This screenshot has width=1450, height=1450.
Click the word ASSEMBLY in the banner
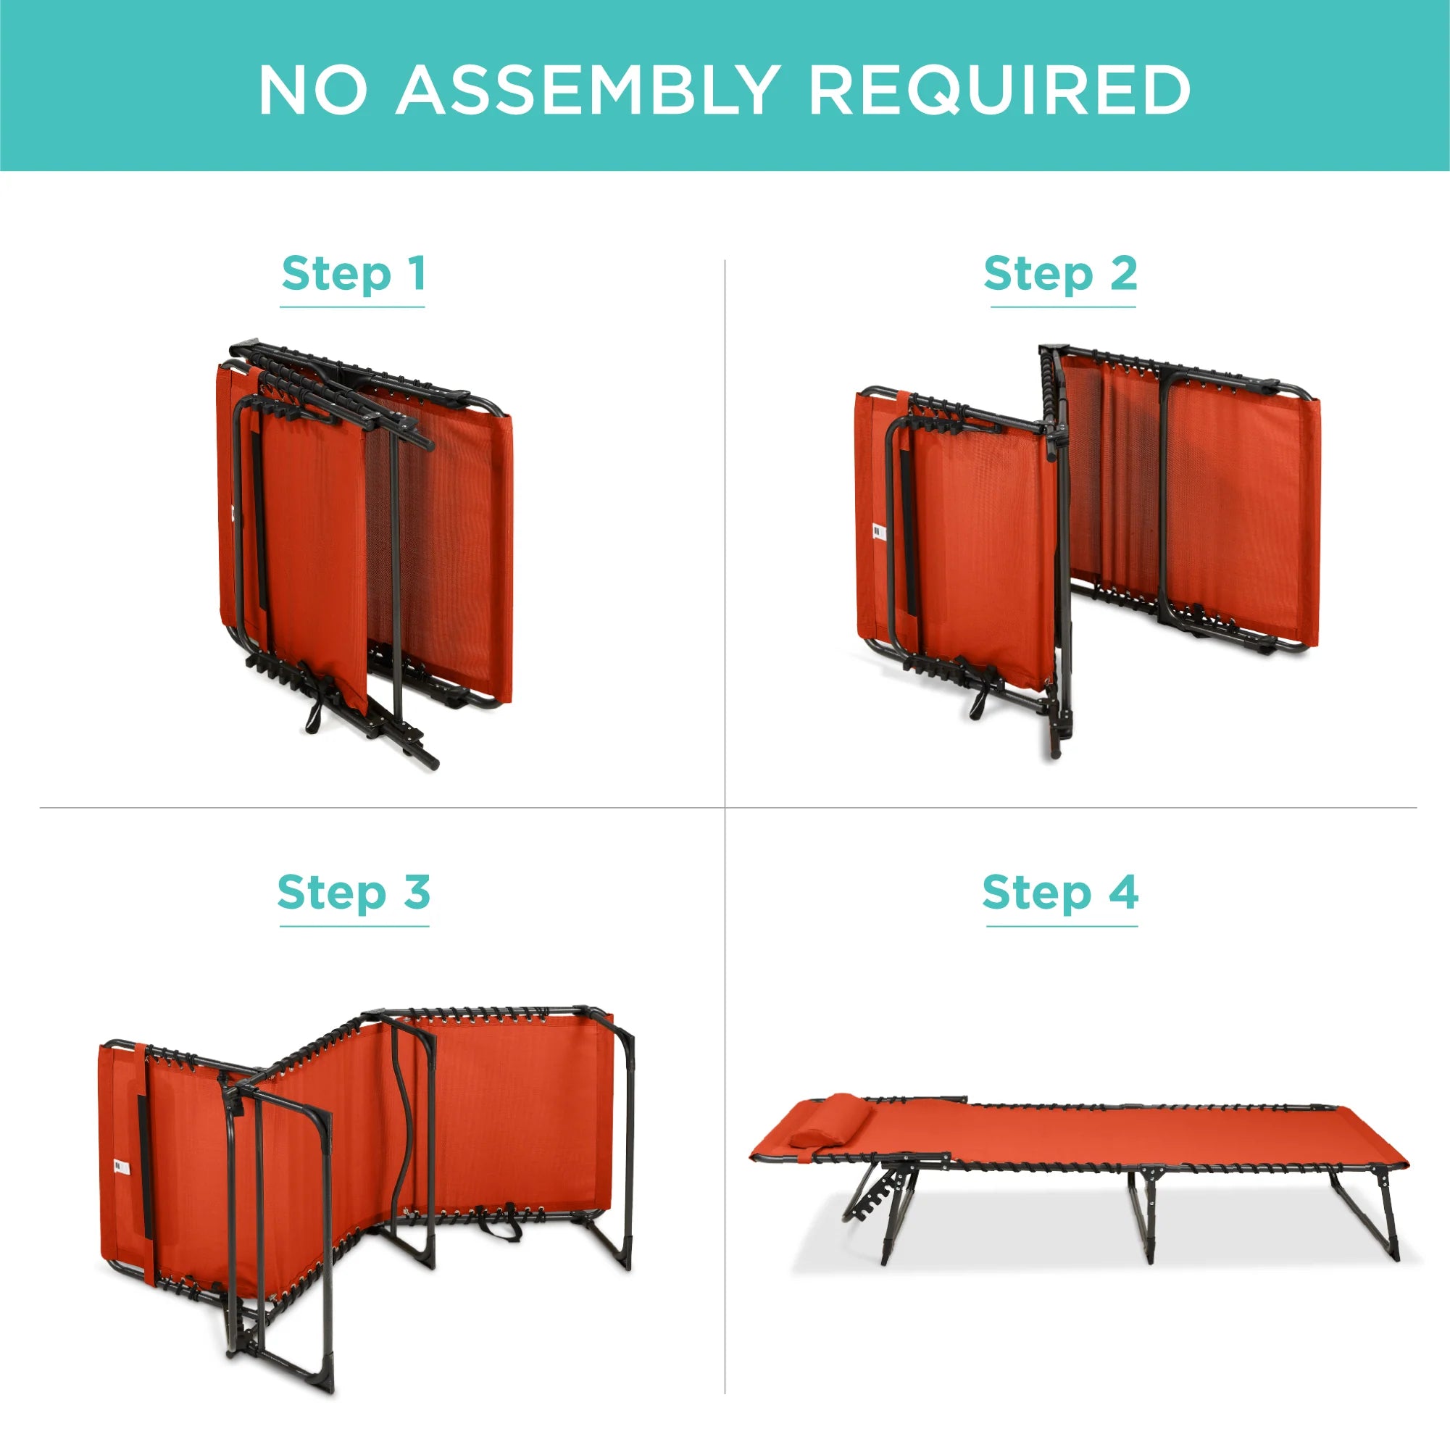(x=586, y=89)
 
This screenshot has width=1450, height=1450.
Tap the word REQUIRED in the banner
(x=999, y=90)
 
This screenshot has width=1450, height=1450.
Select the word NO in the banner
(x=313, y=89)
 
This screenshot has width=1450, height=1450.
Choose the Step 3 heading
(x=354, y=892)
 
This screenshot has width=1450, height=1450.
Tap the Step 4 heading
(x=1060, y=892)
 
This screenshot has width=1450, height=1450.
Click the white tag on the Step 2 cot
(x=879, y=531)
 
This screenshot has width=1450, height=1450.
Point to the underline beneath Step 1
(x=353, y=307)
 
